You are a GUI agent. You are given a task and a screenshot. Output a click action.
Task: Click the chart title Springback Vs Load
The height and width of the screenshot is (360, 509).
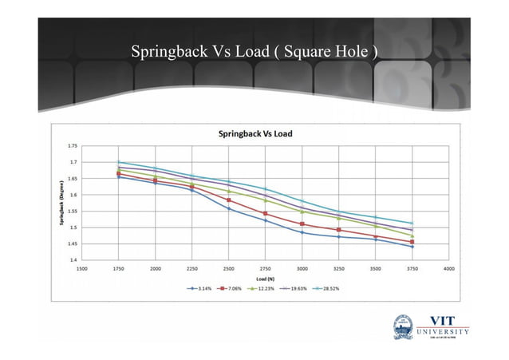click(255, 133)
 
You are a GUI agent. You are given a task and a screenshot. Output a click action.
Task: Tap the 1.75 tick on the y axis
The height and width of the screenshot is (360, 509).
click(73, 146)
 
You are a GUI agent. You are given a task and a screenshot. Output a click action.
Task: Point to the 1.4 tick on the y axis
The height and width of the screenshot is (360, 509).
click(73, 259)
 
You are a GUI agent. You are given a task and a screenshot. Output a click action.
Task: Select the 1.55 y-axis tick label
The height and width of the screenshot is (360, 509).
click(73, 211)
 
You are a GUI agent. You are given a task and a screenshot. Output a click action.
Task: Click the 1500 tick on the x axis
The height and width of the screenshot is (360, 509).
click(82, 268)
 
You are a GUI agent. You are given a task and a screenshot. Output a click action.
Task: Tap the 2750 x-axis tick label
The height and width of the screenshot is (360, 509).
click(266, 268)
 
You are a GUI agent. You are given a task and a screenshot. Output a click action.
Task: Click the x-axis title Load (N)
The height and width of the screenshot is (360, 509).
click(265, 278)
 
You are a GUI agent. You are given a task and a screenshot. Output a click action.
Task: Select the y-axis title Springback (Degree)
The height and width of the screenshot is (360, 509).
click(61, 203)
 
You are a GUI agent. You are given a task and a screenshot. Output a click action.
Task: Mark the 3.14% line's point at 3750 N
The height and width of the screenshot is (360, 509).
click(412, 247)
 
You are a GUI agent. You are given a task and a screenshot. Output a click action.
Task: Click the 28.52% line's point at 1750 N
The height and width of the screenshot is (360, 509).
click(119, 162)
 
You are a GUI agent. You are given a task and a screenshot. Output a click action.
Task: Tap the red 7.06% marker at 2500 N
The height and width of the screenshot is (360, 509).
click(229, 200)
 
